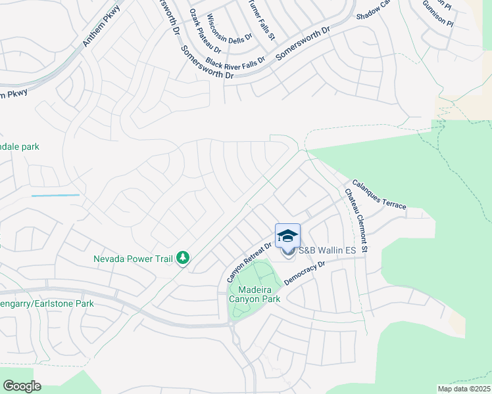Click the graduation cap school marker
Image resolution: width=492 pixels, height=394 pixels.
(x=287, y=236)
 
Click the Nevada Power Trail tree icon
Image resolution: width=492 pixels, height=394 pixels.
(x=184, y=259)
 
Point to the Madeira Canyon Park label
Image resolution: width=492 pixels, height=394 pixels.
(x=254, y=294)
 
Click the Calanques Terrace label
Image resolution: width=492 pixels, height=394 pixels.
(x=378, y=195)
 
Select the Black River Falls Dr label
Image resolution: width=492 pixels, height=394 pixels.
(x=235, y=62)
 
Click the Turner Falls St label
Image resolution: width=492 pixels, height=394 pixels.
(x=261, y=20)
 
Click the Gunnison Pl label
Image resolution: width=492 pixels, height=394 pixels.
(x=439, y=14)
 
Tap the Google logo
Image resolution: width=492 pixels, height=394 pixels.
(x=22, y=386)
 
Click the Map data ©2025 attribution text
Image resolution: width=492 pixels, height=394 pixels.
(x=464, y=389)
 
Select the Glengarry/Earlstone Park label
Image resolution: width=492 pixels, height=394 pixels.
(x=47, y=303)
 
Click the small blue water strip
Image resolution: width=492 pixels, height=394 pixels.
(x=55, y=195)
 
